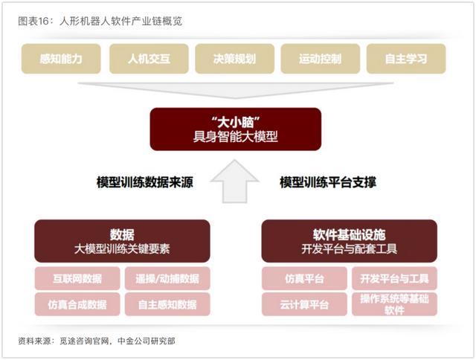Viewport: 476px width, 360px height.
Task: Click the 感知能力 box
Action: coord(61,59)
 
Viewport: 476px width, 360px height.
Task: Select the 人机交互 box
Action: coord(149,59)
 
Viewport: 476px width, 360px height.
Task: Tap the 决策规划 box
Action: coord(235,59)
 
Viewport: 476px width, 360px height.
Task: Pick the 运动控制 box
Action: coord(321,59)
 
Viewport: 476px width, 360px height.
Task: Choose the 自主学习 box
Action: coord(406,59)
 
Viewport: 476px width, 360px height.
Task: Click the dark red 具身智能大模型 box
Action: coord(236,129)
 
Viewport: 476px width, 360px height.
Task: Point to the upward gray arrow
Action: coord(235,181)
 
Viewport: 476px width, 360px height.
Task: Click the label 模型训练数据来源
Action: coord(145,182)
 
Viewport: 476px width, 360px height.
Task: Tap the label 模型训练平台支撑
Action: coord(328,182)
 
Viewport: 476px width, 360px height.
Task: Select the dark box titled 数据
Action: coord(122,241)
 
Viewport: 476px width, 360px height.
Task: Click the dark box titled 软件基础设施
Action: coord(349,241)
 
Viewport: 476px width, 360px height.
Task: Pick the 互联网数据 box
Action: coord(77,278)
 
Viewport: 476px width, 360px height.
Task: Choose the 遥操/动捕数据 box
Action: coord(167,278)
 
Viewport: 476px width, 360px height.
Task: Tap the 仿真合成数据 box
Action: coord(77,304)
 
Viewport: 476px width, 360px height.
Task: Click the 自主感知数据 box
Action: coord(167,304)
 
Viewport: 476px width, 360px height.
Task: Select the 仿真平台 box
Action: coord(304,278)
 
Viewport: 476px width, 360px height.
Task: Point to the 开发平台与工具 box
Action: coord(394,278)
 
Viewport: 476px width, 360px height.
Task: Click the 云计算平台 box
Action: coord(304,304)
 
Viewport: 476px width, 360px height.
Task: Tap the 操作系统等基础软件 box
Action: coord(394,304)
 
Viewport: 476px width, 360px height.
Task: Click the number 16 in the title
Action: coord(43,22)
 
